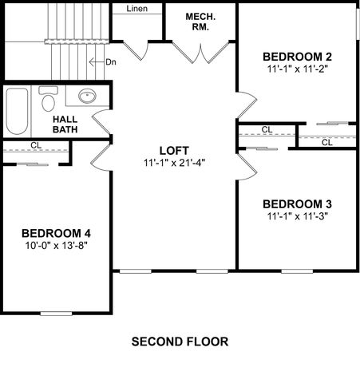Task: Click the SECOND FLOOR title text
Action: coord(180,342)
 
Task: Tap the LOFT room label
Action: coord(173,150)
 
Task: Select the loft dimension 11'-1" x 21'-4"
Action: coord(173,163)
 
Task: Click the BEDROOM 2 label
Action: coord(297,57)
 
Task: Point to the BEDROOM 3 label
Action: coord(297,203)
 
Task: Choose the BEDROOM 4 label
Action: coord(56,233)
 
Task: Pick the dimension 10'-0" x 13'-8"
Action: coord(56,246)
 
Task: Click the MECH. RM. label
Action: coord(200,22)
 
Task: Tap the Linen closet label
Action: coord(136,9)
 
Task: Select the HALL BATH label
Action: coord(65,125)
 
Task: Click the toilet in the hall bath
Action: coord(49,101)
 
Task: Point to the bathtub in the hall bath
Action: coord(17,111)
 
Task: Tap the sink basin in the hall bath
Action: coord(86,97)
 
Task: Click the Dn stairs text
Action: coord(113,61)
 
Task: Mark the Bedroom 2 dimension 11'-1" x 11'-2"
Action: coord(297,69)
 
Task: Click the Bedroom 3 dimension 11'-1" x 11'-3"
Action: coord(297,215)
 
